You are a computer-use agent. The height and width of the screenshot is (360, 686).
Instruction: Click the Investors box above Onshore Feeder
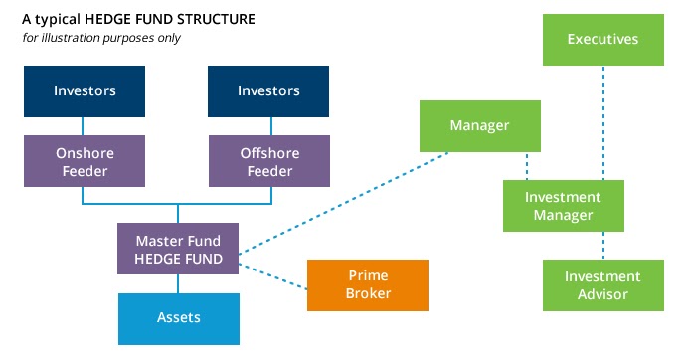coord(85,91)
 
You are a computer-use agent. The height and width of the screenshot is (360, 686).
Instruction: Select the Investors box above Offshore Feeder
coord(267,91)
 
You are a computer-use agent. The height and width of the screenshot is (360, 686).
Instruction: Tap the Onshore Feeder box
coord(85,161)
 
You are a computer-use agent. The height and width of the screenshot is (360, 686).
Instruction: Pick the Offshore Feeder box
coord(267,161)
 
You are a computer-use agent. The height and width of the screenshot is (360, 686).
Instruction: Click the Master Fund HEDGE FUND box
coord(178,250)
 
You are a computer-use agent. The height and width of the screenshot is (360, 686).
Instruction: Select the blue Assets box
coord(178,317)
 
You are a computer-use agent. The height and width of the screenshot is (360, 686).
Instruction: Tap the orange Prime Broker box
coord(367,284)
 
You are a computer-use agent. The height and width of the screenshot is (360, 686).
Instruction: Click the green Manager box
coord(479,125)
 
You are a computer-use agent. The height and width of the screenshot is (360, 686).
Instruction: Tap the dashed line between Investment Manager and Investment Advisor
coord(602,246)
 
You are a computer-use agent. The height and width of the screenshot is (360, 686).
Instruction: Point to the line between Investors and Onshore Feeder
coord(85,126)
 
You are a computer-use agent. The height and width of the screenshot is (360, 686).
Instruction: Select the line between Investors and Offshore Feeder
coord(267,126)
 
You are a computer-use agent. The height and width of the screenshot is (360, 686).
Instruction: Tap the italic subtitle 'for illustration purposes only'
coord(100,38)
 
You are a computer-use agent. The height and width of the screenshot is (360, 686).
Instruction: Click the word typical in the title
coord(56,18)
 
